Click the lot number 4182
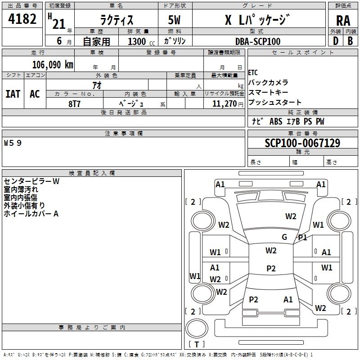click(22, 19)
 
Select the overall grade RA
click(343, 21)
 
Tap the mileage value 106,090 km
click(53, 65)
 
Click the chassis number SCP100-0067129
click(302, 143)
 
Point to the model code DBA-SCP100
click(258, 41)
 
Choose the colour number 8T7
click(74, 104)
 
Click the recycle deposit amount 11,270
click(224, 103)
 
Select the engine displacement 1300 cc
click(141, 41)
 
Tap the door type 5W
click(174, 20)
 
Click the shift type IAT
click(13, 94)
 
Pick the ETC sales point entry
click(253, 72)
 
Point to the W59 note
click(13, 143)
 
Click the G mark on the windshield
click(284, 237)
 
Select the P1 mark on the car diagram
click(302, 238)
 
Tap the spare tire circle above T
click(197, 328)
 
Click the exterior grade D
click(336, 41)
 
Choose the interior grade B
click(350, 41)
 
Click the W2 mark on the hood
click(291, 216)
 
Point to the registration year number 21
click(59, 24)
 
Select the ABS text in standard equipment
click(276, 121)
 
